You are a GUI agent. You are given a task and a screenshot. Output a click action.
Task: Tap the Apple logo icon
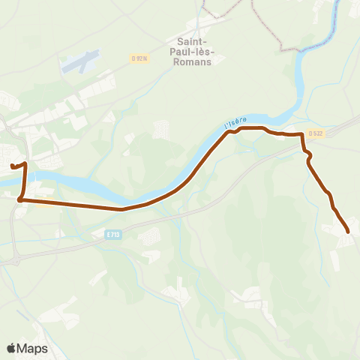pos(11,348)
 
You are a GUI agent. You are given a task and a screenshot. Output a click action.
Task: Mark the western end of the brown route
pos(12,165)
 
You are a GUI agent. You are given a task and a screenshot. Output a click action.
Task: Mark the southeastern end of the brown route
pos(348,231)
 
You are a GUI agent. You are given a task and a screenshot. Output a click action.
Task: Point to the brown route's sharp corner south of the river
pos(20,200)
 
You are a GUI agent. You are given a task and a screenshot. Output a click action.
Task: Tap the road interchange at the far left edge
pos(11,259)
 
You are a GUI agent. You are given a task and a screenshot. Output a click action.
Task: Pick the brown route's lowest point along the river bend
pos(122,209)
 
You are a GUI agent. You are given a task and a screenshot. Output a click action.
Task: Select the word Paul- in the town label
pos(193,52)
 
